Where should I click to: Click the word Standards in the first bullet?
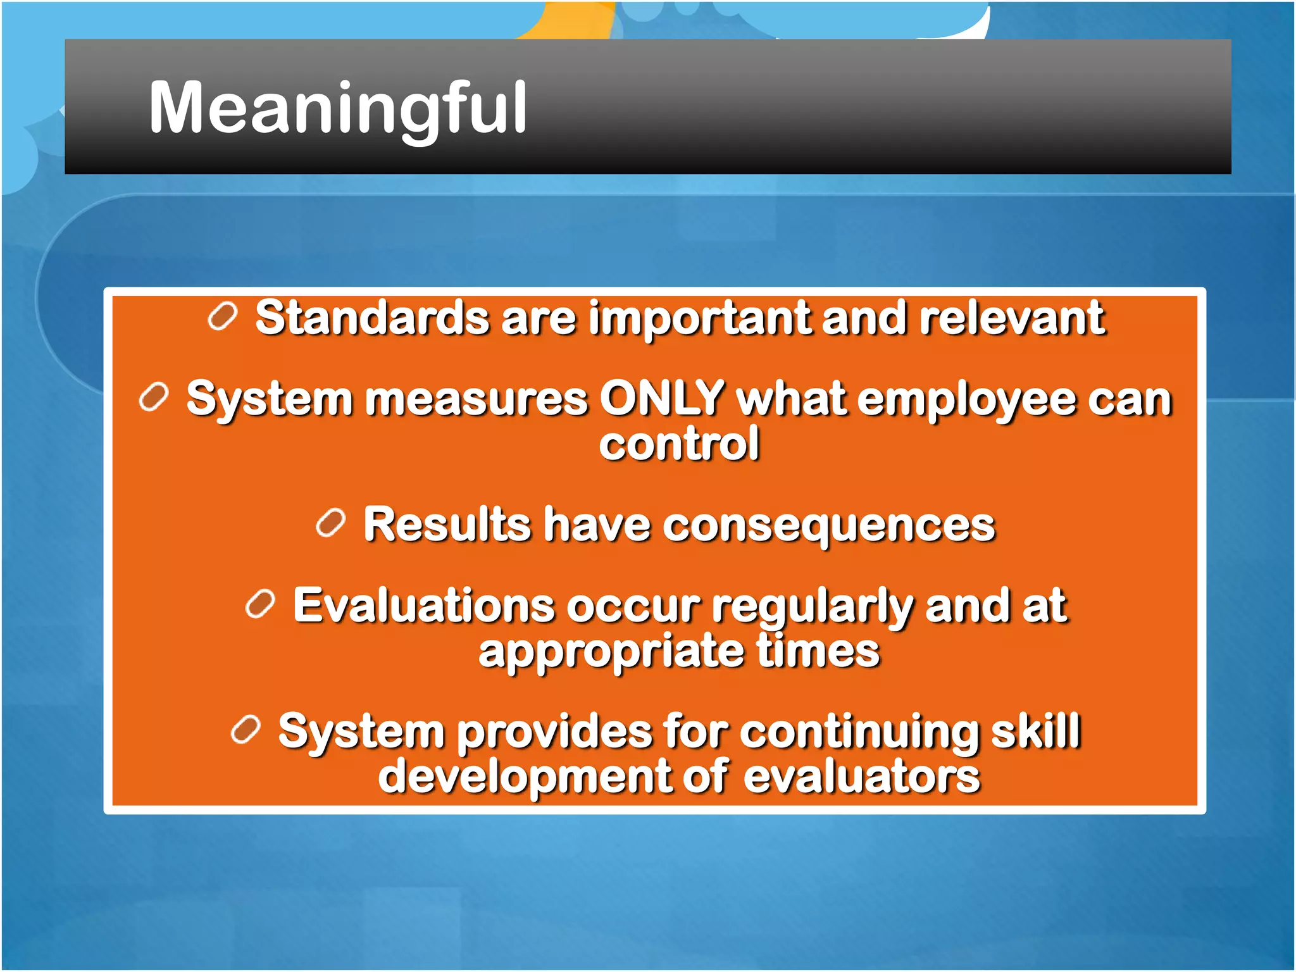pyautogui.click(x=372, y=318)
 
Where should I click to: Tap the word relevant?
pyautogui.click(x=1012, y=318)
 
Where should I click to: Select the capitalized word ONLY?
pyautogui.click(x=662, y=399)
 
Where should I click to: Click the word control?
pyautogui.click(x=679, y=444)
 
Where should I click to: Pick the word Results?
pyautogui.click(x=447, y=525)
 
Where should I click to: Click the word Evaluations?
pyautogui.click(x=424, y=606)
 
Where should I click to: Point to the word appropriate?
pyautogui.click(x=611, y=652)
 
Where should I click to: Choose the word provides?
pyautogui.click(x=554, y=732)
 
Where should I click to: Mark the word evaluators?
pyautogui.click(x=861, y=777)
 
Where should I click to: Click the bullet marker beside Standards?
pyautogui.click(x=222, y=316)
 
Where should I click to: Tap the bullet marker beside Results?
pyautogui.click(x=330, y=523)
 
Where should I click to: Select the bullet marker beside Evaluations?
pyautogui.click(x=260, y=604)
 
